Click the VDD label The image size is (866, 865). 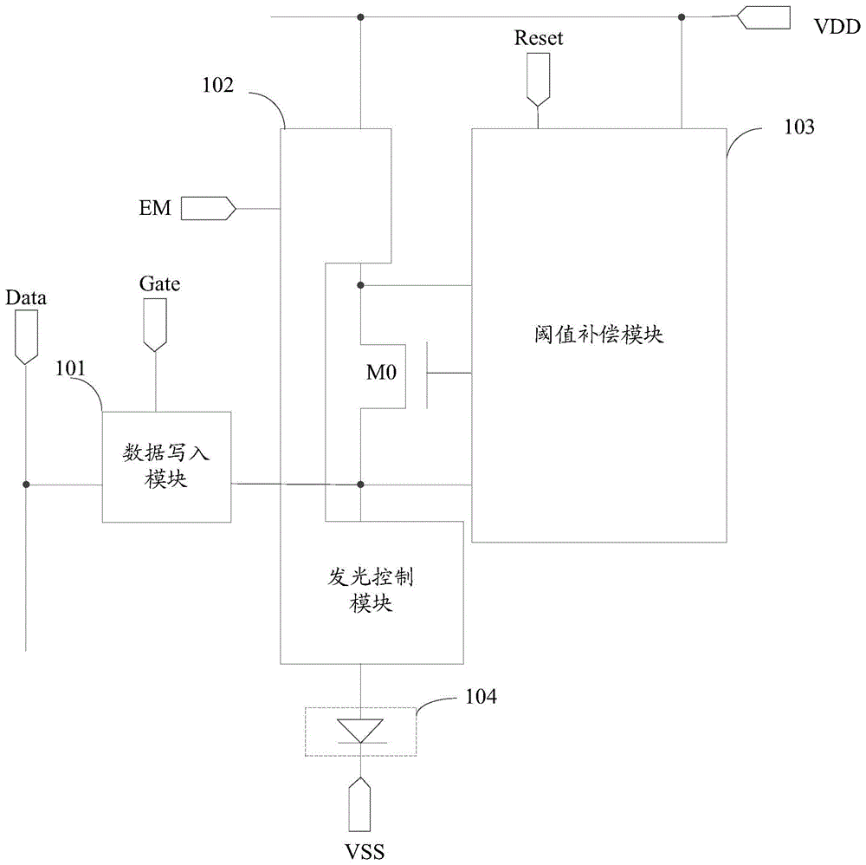(x=837, y=27)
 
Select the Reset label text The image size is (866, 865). (x=538, y=38)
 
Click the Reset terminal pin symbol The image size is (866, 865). (x=538, y=77)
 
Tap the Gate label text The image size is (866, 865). (x=159, y=283)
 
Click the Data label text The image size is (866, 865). (x=26, y=298)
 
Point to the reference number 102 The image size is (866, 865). (x=219, y=86)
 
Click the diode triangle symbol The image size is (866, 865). (x=359, y=730)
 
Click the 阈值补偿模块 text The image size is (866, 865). (x=598, y=335)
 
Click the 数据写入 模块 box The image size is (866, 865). (x=166, y=466)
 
